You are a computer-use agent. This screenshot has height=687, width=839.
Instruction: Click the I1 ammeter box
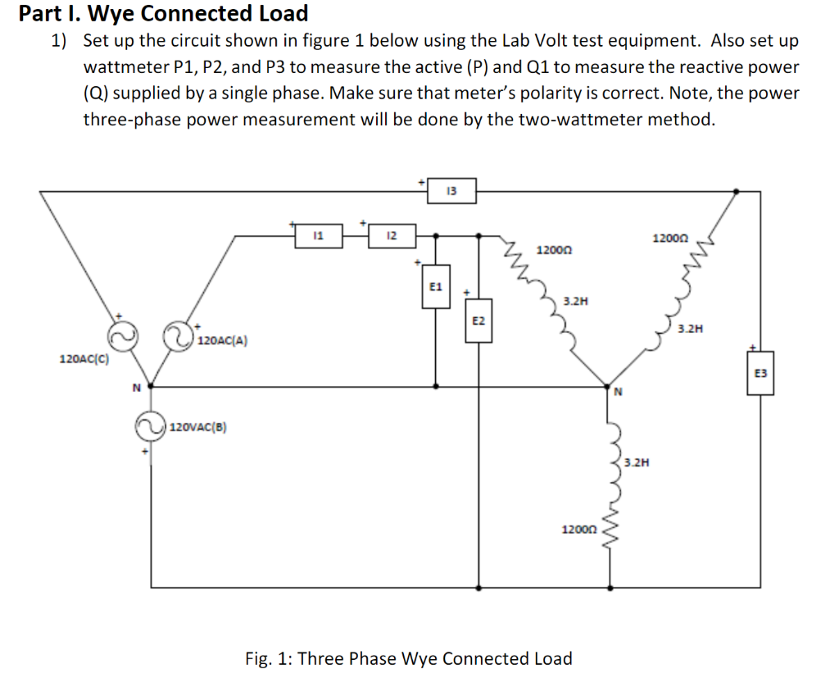320,236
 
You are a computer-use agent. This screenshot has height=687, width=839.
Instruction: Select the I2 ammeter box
392,236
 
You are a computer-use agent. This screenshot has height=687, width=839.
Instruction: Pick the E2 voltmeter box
478,321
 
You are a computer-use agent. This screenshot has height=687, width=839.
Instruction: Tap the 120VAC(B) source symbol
150,426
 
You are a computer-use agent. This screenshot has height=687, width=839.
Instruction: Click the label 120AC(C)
85,359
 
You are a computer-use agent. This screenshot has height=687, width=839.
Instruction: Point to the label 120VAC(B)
199,426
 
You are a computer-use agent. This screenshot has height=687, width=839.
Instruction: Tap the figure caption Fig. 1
408,658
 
